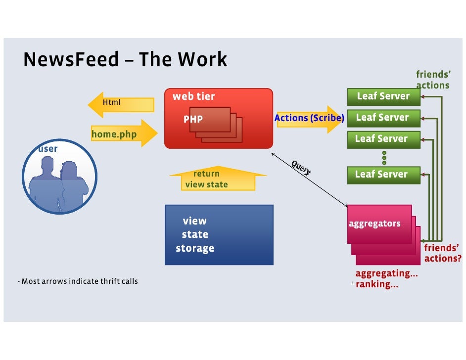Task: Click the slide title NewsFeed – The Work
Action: pos(125,59)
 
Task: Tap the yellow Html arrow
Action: pos(121,104)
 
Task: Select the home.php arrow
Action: pos(124,134)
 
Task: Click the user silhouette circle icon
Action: pos(60,177)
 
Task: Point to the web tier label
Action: pos(193,96)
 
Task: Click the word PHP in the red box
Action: pos(193,119)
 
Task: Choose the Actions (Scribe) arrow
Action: pos(309,119)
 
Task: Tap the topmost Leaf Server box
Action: pos(384,96)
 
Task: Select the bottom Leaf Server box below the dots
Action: pos(384,175)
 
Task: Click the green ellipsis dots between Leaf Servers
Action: pos(384,157)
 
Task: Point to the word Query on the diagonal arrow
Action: pos(301,168)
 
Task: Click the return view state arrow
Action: pos(218,178)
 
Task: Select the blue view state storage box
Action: pos(219,235)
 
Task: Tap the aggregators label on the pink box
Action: pos(374,224)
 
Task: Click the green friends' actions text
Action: pos(433,80)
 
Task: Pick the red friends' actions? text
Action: pos(443,253)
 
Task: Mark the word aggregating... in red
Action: pos(387,273)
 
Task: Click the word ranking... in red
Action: pos(377,284)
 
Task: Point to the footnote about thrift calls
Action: pos(78,281)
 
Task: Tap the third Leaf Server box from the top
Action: pos(384,139)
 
